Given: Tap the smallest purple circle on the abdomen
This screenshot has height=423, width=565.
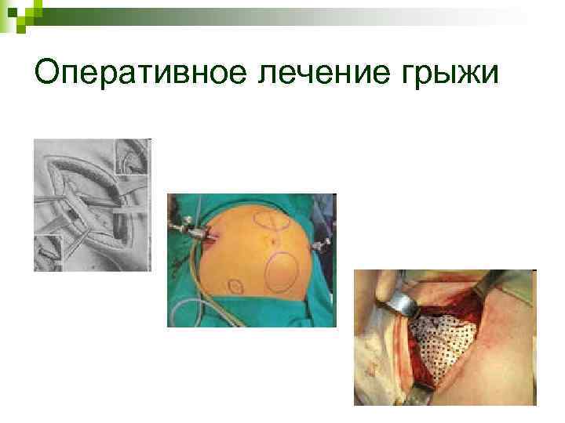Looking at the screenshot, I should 234,284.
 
